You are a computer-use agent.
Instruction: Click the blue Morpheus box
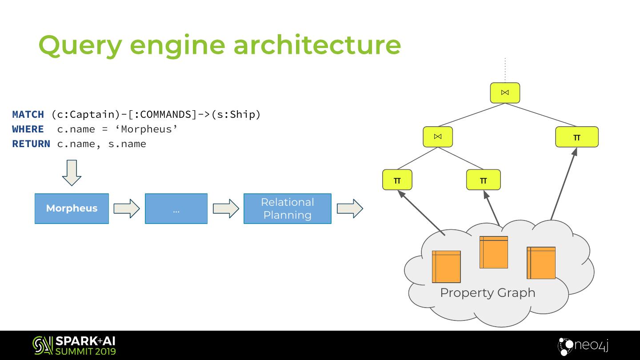[x=72, y=208]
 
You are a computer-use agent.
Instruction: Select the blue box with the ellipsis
[x=176, y=208]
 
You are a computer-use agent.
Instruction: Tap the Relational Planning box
[x=287, y=208]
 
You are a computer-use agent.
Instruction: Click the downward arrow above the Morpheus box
[x=72, y=173]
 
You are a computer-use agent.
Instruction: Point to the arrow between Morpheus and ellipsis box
[x=127, y=208]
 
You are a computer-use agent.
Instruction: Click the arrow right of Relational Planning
[x=350, y=208]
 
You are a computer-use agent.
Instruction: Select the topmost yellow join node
[x=505, y=93]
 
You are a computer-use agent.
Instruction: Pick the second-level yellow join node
[x=437, y=136]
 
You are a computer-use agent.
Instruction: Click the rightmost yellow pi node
[x=576, y=137]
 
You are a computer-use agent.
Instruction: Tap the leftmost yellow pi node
[x=397, y=180]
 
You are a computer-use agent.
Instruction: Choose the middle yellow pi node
[x=483, y=180]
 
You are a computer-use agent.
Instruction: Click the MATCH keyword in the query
[x=28, y=115]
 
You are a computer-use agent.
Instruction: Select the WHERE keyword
[x=28, y=129]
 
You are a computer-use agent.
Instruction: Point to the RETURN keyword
[x=31, y=144]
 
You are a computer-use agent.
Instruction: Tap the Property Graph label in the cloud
[x=488, y=293]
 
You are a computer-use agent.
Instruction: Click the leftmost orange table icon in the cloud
[x=446, y=267]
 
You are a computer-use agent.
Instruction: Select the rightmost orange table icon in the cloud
[x=541, y=263]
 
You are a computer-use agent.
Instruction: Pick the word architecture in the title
[x=317, y=44]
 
